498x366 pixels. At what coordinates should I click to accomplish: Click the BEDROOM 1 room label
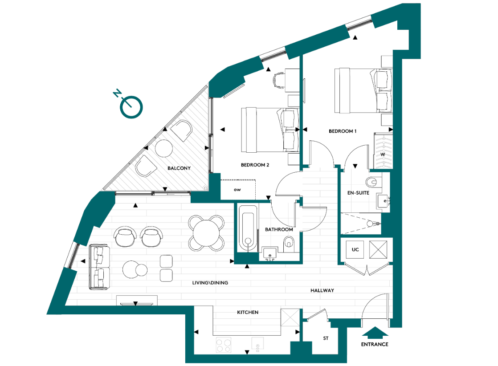343,131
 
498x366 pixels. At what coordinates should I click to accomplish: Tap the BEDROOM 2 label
255,165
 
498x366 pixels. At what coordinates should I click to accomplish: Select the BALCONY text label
179,168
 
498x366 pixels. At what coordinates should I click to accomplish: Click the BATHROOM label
279,229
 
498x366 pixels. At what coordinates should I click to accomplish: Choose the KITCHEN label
247,312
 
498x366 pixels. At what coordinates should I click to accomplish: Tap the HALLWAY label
322,290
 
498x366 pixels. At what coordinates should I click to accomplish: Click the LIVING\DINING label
211,283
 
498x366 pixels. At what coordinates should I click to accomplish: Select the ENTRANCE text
374,344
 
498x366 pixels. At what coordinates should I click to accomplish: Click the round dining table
206,232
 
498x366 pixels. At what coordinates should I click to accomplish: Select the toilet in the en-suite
371,182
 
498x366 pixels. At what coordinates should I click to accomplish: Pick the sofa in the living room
99,267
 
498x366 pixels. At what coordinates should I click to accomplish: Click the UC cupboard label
355,249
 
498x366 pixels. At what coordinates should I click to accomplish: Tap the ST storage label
326,338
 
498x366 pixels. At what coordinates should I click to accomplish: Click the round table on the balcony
163,148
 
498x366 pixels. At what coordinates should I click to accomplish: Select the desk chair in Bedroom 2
280,80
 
